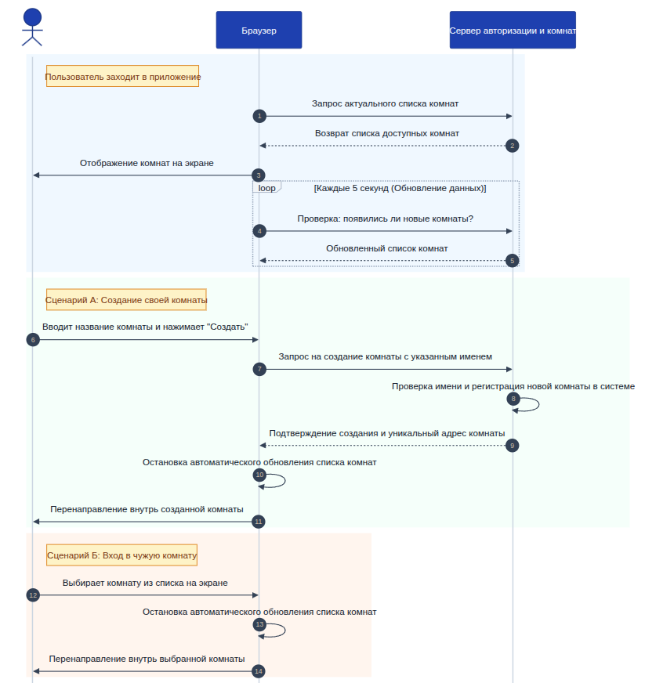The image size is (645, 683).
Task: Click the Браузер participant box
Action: (259, 30)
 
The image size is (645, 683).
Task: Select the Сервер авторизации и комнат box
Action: (513, 30)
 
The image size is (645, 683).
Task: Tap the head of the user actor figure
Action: (32, 17)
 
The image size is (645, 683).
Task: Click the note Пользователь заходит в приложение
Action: (122, 76)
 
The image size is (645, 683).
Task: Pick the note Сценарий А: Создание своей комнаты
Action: (126, 300)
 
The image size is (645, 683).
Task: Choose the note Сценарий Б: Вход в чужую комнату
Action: (122, 555)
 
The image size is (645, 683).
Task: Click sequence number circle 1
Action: (259, 116)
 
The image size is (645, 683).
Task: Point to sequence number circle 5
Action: (512, 261)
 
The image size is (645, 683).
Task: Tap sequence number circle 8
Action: (513, 398)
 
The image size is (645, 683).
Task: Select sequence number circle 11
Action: (259, 522)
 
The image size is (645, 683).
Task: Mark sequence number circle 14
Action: (259, 670)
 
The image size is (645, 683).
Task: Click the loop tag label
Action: (266, 188)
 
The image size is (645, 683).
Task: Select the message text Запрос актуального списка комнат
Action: (385, 103)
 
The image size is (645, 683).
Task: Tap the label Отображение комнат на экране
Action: (147, 163)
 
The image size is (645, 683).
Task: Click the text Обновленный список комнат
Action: (386, 248)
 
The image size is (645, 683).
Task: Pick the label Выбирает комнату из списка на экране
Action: (145, 583)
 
